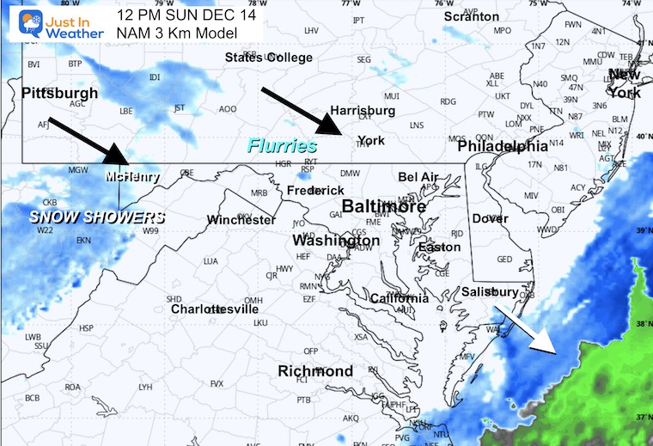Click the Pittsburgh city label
(59, 92)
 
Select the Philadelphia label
(502, 147)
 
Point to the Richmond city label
(315, 371)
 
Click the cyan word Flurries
(283, 146)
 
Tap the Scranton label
(471, 16)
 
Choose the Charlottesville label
(214, 309)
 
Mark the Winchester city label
(241, 220)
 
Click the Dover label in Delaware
(490, 218)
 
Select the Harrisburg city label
(363, 111)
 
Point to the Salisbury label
(490, 292)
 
